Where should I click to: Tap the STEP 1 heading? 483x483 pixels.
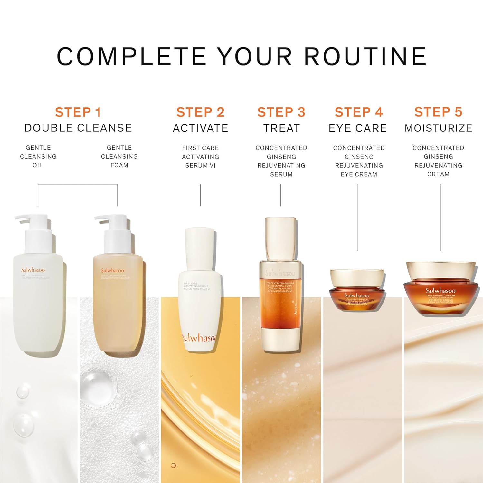78,112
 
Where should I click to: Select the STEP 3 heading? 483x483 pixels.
281,112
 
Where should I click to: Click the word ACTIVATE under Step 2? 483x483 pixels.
200,128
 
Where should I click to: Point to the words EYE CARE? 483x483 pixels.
357,128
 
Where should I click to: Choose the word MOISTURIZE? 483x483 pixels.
438,128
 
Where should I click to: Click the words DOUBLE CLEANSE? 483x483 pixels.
78,128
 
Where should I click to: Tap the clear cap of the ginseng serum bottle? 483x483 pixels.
280,238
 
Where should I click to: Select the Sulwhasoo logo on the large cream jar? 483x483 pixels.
440,290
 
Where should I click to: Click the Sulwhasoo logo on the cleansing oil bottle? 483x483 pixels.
33,270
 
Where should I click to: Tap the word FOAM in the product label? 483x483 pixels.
119,165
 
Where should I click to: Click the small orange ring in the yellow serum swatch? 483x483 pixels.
173,465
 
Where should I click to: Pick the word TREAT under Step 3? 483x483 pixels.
281,128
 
